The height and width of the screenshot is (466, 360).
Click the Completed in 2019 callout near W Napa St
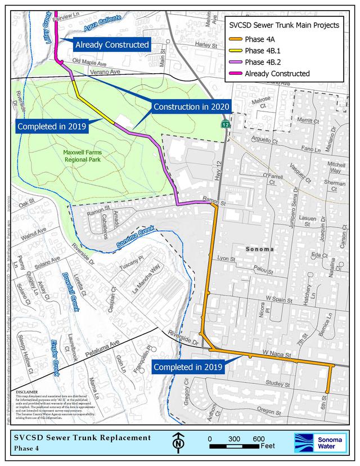pos(188,367)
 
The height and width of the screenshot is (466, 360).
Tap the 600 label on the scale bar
pos(259,438)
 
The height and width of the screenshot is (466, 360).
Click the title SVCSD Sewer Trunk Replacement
pos(83,437)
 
